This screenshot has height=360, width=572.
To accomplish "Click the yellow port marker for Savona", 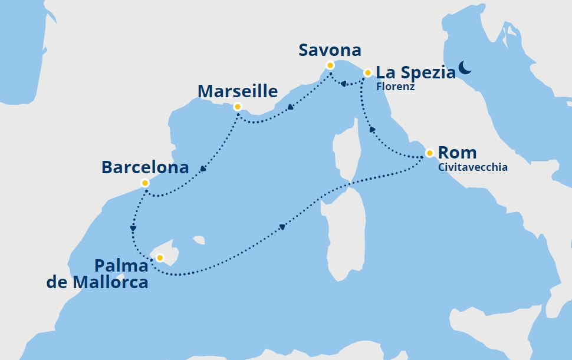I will tap(330, 65).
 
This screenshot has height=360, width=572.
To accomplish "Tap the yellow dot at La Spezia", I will tap(367, 73).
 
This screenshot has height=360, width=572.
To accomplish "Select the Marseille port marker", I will tap(237, 107).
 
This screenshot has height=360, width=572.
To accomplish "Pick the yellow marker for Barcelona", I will tap(145, 183).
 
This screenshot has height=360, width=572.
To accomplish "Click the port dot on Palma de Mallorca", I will tap(159, 257).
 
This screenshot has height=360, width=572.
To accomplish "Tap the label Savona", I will tap(330, 50).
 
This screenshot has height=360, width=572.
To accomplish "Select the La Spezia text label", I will tap(416, 72).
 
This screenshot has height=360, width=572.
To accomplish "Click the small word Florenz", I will tap(395, 87).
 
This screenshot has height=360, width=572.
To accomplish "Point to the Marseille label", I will tap(238, 91).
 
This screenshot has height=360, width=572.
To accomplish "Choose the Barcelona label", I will tap(145, 167).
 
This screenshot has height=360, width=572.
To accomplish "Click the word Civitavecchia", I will tap(472, 167).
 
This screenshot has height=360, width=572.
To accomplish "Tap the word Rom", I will tap(457, 153).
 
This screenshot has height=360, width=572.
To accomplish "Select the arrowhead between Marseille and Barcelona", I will tap(203, 169).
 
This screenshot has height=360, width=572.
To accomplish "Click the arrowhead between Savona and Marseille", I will tap(291, 108).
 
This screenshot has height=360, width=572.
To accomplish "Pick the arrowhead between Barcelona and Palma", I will tap(133, 229).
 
